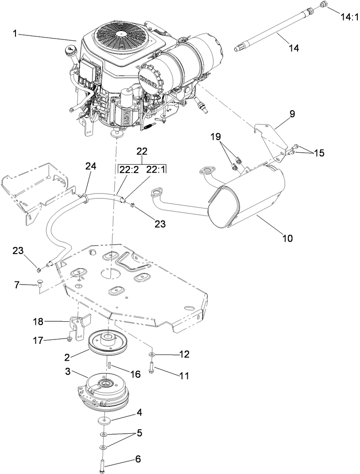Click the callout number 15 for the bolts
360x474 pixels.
pyautogui.click(x=319, y=153)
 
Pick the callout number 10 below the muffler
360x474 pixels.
pyautogui.click(x=287, y=238)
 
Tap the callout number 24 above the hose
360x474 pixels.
pyautogui.click(x=90, y=166)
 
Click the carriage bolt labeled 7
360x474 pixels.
pyautogui.click(x=38, y=285)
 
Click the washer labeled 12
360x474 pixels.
pyautogui.click(x=152, y=355)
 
